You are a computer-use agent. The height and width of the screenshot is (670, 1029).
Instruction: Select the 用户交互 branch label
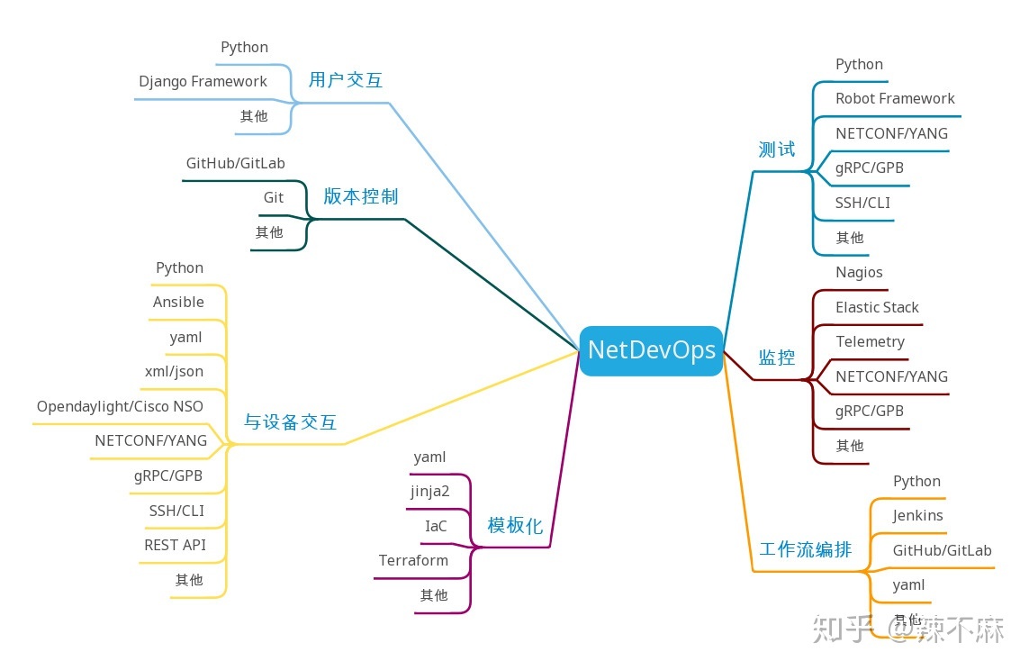click(346, 80)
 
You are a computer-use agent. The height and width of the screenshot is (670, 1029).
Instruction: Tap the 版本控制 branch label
click(360, 196)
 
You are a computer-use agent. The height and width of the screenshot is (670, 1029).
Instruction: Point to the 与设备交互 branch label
click(290, 421)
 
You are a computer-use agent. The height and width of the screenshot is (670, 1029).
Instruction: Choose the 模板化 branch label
click(515, 526)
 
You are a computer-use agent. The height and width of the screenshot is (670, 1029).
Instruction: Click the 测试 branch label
click(776, 149)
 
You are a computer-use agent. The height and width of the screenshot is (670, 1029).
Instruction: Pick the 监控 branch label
click(776, 358)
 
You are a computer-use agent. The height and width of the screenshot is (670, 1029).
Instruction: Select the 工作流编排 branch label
click(805, 549)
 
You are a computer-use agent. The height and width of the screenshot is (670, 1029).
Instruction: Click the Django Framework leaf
click(203, 81)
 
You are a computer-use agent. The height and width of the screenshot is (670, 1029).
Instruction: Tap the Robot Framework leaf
click(895, 98)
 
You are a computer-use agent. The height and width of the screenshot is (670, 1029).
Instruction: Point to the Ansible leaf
click(178, 302)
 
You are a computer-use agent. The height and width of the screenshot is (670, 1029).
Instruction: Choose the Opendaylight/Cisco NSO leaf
click(120, 406)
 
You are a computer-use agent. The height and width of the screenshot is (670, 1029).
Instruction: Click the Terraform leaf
click(413, 560)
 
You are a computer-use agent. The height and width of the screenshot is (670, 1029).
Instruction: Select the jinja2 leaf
click(429, 491)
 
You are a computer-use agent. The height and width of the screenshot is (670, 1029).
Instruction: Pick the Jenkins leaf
click(917, 515)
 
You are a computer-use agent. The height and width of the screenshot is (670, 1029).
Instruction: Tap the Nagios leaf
click(859, 272)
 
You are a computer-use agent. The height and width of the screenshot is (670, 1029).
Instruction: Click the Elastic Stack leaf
click(877, 307)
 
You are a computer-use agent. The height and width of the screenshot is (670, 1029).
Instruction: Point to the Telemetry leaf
click(870, 341)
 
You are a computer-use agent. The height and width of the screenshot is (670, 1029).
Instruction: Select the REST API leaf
click(175, 545)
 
